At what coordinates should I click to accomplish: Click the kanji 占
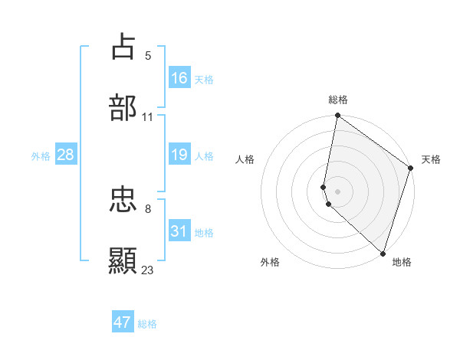coord(123,46)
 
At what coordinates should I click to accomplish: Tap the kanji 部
coord(123,108)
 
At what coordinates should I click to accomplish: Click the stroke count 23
coord(148,270)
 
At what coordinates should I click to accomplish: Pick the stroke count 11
coord(148,117)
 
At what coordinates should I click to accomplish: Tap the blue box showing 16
coord(179,78)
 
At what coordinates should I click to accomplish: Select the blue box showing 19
coord(179,155)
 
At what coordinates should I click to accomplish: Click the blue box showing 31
coord(179,231)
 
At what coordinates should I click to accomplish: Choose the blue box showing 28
coord(66,155)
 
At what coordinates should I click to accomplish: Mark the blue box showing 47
coord(123,322)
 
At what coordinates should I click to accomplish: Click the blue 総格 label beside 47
coord(147,324)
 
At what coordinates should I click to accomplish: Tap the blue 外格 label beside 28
coord(41,156)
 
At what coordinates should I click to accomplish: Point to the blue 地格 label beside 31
coord(204,233)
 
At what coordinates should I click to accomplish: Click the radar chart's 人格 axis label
coord(245,159)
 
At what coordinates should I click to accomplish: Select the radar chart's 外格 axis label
coord(270,262)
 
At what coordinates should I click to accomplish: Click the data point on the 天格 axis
coord(411,169)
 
